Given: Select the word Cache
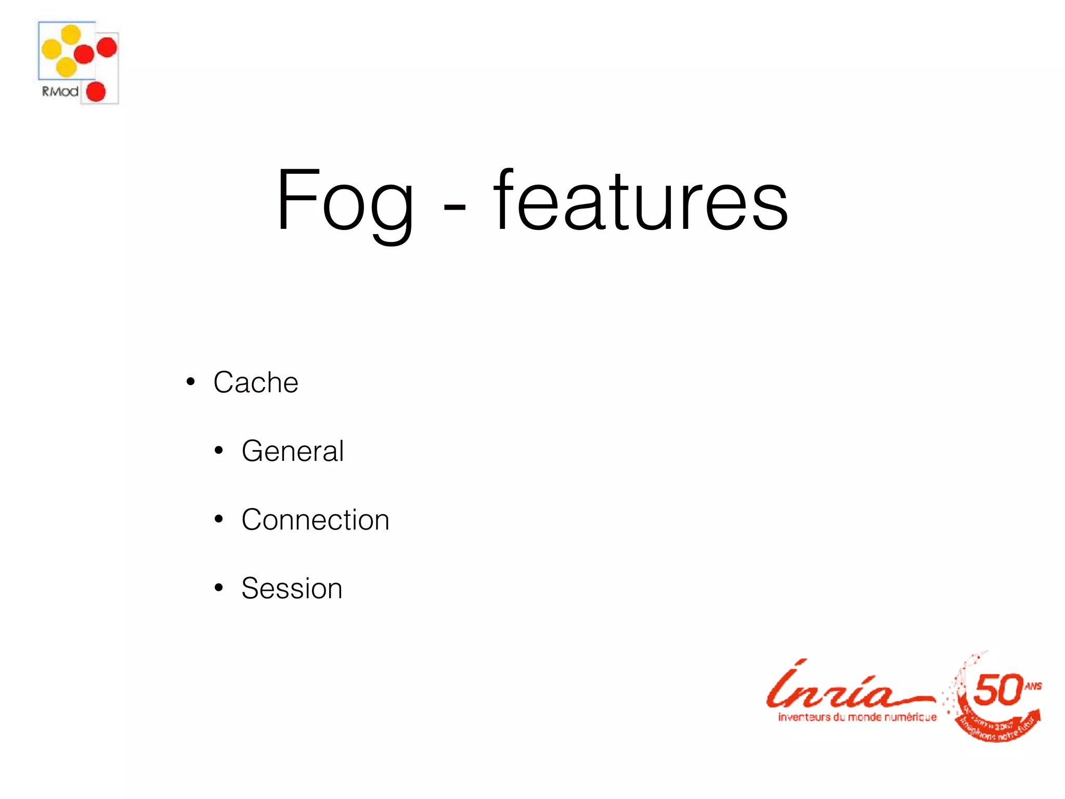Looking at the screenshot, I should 255,382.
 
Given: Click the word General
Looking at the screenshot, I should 292,450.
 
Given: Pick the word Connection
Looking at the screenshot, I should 315,520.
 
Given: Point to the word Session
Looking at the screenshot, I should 292,588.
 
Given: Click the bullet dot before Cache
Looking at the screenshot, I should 191,382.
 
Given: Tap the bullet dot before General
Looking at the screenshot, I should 219,450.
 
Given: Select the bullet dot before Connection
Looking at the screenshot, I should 219,519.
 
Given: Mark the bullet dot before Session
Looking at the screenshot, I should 219,588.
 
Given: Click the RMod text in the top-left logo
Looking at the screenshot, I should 60,92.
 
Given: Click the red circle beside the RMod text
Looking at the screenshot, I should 96,92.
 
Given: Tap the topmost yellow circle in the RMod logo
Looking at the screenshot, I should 71,35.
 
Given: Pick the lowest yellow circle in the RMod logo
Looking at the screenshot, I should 66,67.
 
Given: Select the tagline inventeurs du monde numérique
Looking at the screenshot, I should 857,717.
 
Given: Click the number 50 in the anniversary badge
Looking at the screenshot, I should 997,690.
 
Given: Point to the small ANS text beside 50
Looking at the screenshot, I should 1033,686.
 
